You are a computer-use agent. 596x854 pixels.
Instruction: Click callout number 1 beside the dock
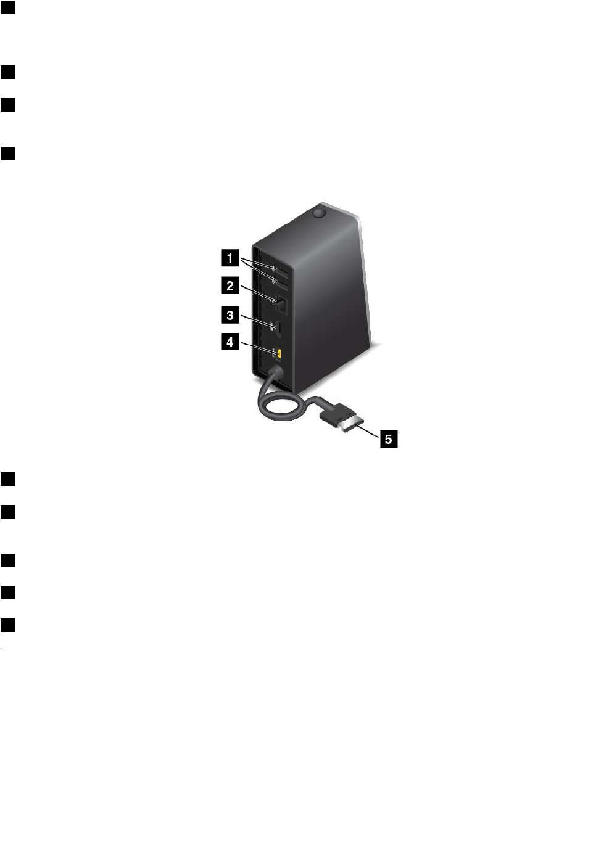tap(230, 258)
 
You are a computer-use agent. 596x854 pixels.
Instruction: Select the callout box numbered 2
tap(230, 285)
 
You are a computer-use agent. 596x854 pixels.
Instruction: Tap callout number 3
tap(230, 316)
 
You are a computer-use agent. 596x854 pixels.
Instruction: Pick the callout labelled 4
tap(230, 342)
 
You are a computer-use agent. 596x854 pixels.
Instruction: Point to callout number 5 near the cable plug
tap(389, 439)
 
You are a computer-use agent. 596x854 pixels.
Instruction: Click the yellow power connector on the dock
tap(279, 353)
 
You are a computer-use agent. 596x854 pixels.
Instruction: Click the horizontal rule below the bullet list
tap(298, 651)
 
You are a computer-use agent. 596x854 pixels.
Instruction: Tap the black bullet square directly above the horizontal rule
tap(7, 625)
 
